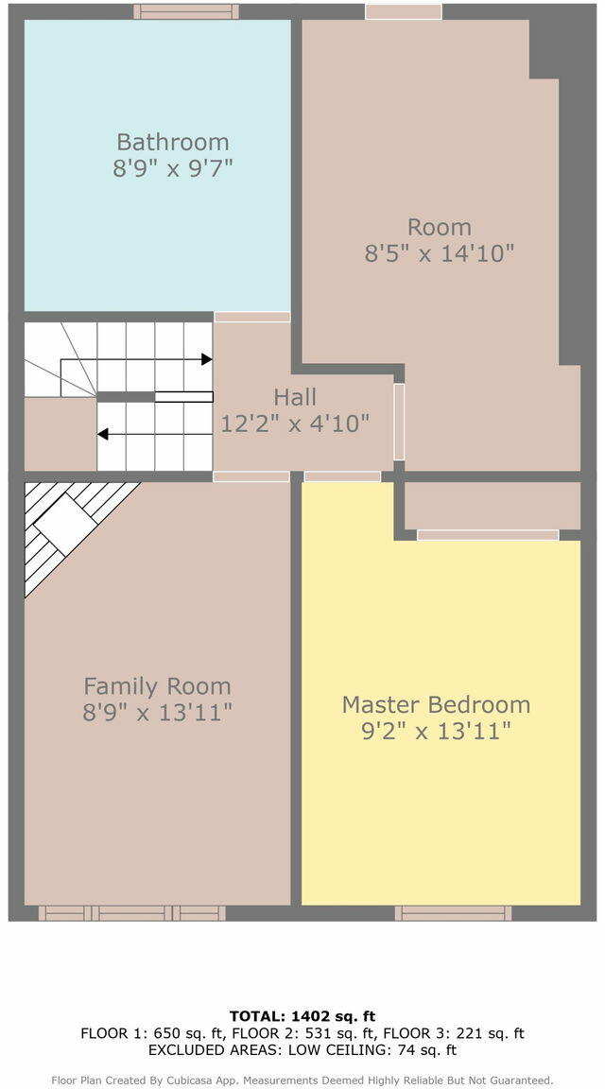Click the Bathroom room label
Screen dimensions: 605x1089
point(172,142)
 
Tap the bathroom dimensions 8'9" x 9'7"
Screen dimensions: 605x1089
point(172,168)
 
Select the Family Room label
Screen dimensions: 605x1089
point(157,686)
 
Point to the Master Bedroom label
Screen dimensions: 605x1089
point(436,705)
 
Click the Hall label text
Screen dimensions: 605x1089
point(295,397)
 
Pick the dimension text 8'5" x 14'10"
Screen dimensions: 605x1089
point(439,253)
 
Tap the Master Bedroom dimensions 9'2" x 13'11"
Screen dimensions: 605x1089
point(436,731)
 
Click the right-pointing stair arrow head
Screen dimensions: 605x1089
point(206,359)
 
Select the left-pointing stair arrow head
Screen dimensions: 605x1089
point(103,434)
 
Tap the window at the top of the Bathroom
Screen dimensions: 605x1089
point(186,11)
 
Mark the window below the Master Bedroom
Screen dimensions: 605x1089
point(453,912)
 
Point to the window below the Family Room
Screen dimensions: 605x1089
point(131,912)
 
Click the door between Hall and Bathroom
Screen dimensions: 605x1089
point(252,317)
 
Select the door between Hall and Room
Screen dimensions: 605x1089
point(399,422)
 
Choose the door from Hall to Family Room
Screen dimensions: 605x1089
point(251,476)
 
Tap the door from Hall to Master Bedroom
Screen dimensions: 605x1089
point(342,476)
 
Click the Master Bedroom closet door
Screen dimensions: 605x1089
point(488,535)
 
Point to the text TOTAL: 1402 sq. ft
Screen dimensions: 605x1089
point(302,1017)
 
